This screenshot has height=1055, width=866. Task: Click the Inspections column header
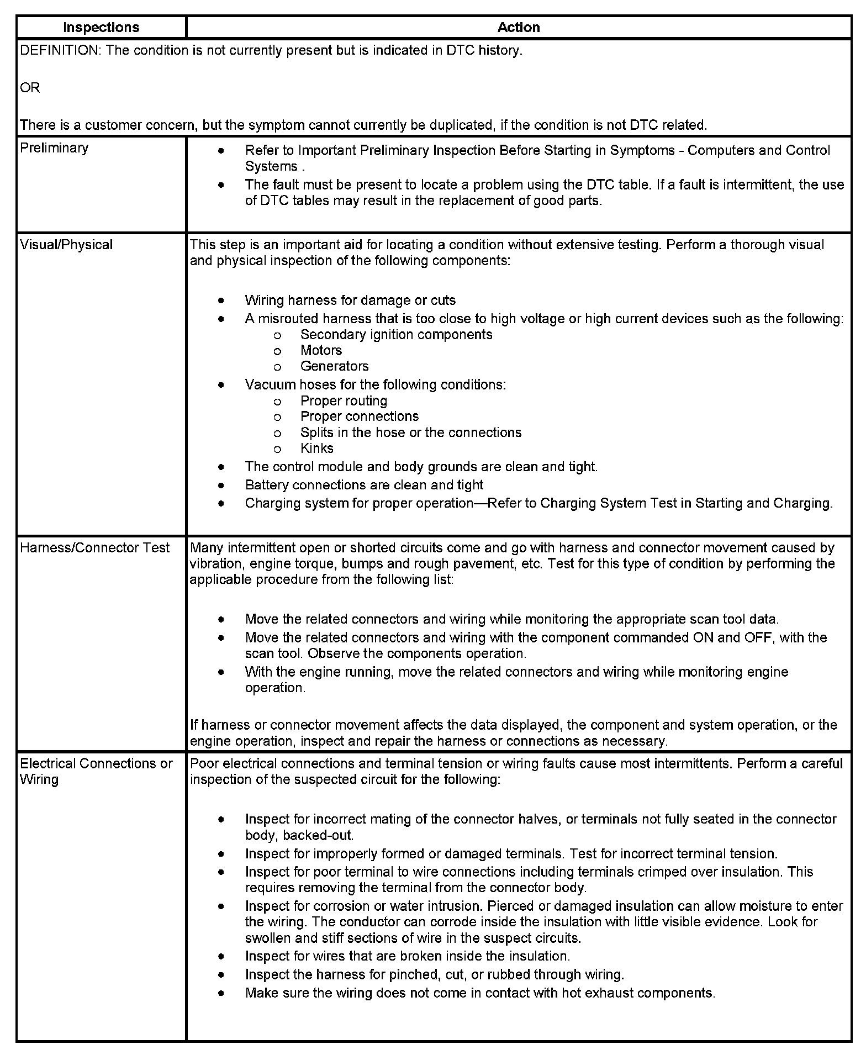101,28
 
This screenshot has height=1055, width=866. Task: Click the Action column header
519,28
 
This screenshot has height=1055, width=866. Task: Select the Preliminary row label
54,148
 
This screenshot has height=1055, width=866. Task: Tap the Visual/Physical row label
66,245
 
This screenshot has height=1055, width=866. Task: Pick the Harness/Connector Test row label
94,548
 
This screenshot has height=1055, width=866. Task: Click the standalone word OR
30,88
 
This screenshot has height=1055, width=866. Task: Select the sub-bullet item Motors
321,351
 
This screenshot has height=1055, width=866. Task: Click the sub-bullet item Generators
334,366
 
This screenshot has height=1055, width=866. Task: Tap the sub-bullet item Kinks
317,449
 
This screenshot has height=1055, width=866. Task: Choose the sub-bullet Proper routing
344,401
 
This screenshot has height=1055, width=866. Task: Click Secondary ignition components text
396,335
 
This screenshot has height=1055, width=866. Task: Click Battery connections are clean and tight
364,485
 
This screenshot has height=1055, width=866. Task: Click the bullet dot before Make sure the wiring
221,993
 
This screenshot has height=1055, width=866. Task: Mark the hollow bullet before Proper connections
277,417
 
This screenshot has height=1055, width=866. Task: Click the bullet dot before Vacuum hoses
221,385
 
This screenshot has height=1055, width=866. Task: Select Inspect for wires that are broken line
407,956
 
